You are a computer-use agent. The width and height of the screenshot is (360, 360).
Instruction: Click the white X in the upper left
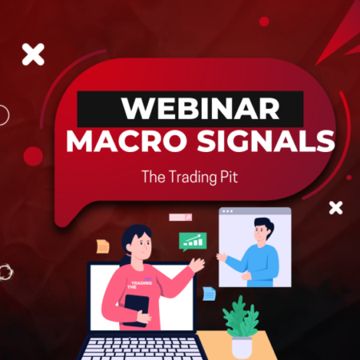[x=33, y=54]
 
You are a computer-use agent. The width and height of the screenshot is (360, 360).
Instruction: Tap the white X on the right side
[x=336, y=208]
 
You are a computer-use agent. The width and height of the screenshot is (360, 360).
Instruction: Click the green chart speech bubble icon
[x=193, y=239]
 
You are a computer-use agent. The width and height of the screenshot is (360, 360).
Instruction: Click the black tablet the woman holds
[x=137, y=309]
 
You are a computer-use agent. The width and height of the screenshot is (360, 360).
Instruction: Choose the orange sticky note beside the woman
[x=102, y=246]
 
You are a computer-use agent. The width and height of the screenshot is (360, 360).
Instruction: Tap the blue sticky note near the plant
[x=209, y=294]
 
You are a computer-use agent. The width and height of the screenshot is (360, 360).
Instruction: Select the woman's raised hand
[x=196, y=265]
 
